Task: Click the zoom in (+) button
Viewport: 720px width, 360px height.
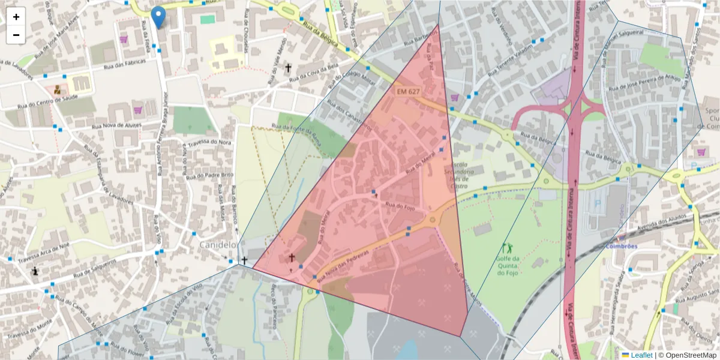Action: pyautogui.click(x=16, y=17)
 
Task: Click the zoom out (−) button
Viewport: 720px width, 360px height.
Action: pyautogui.click(x=16, y=35)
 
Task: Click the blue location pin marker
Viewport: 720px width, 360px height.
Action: pyautogui.click(x=158, y=17)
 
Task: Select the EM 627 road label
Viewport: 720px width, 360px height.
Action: pyautogui.click(x=408, y=92)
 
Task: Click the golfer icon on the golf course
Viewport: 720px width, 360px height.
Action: pyautogui.click(x=507, y=247)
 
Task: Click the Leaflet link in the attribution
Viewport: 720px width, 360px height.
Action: pyautogui.click(x=637, y=355)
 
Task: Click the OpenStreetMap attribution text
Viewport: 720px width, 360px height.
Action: pyautogui.click(x=688, y=355)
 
